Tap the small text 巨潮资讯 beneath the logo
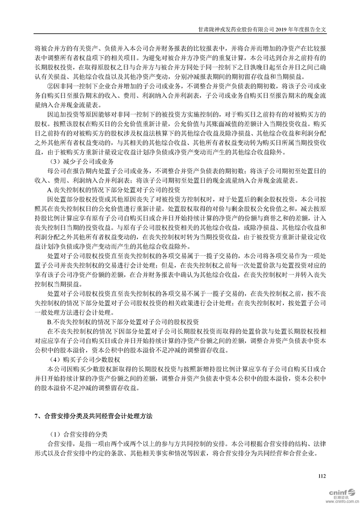[342, 498]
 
